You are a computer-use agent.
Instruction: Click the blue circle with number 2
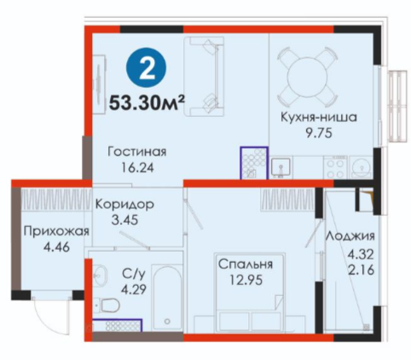coord(147,67)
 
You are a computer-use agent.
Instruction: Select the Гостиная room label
coord(137,152)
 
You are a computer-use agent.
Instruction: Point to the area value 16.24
coord(137,167)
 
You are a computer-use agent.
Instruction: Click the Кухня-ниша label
coord(319,117)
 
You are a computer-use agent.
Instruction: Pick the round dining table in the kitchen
coord(307,76)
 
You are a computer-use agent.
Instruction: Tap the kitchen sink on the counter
coord(281,167)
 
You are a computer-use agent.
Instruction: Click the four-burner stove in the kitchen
coord(335,168)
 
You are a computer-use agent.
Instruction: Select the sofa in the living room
coord(204,77)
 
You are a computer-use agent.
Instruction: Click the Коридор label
coord(124,204)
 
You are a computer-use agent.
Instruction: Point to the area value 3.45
coord(124,220)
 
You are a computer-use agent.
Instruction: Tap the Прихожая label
coord(56,231)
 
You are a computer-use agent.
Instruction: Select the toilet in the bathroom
coord(108,305)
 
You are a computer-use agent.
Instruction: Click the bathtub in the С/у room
coord(167,298)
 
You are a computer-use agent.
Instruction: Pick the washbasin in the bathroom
coord(100,274)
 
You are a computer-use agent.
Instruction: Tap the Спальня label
coord(246,264)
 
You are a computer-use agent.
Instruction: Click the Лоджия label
coord(350,236)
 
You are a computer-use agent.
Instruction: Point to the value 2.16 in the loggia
coord(361,270)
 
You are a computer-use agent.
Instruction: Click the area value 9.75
coord(319,133)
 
